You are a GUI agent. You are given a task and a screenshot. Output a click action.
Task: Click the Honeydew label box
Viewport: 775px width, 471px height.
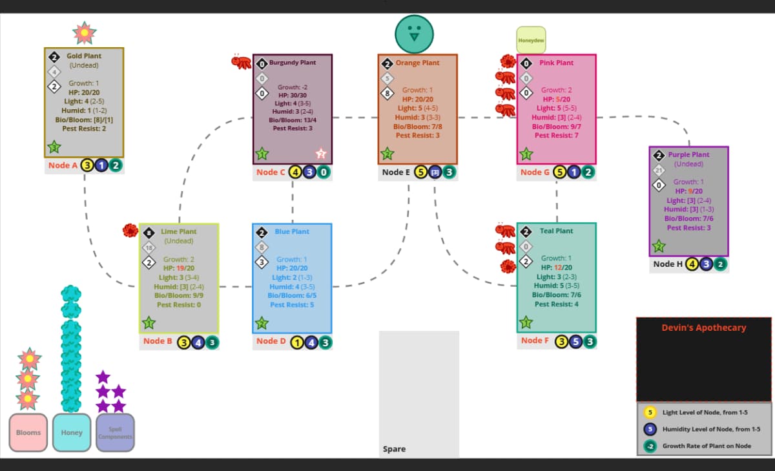click(x=531, y=40)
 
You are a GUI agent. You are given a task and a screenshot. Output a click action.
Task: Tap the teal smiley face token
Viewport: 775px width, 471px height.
click(x=414, y=34)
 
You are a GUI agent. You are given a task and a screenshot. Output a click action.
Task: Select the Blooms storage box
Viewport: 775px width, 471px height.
click(x=28, y=432)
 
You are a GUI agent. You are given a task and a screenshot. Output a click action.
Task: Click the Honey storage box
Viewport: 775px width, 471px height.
click(x=72, y=432)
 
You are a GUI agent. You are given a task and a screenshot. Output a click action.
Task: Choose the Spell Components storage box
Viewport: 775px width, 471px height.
click(x=115, y=432)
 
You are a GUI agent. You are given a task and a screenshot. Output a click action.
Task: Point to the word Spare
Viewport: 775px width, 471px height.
click(x=394, y=448)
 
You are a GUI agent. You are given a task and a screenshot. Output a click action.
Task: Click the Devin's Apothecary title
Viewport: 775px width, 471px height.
click(x=703, y=328)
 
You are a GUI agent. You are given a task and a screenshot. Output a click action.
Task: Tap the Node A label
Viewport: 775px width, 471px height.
click(x=63, y=165)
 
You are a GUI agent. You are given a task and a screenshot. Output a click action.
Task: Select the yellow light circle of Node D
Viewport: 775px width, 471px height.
click(x=298, y=342)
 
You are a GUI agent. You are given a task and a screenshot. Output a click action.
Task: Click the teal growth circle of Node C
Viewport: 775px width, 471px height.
click(x=324, y=172)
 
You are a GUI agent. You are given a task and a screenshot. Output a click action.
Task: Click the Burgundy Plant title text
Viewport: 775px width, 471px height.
click(x=293, y=63)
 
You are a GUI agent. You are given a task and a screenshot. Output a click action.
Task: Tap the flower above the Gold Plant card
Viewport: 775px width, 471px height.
click(x=85, y=32)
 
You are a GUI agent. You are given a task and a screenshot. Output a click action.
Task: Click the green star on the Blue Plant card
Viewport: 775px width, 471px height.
click(x=262, y=322)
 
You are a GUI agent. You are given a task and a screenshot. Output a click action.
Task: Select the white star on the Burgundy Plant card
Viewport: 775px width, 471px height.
click(x=321, y=153)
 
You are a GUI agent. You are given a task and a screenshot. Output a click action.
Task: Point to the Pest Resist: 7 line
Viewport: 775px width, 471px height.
click(x=556, y=135)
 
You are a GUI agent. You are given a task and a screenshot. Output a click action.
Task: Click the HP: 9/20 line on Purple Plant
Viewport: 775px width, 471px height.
click(x=688, y=191)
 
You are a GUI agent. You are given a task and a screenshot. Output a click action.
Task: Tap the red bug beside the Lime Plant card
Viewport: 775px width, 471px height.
click(x=131, y=230)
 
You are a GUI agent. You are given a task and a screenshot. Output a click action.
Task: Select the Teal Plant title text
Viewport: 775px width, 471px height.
click(x=556, y=231)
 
